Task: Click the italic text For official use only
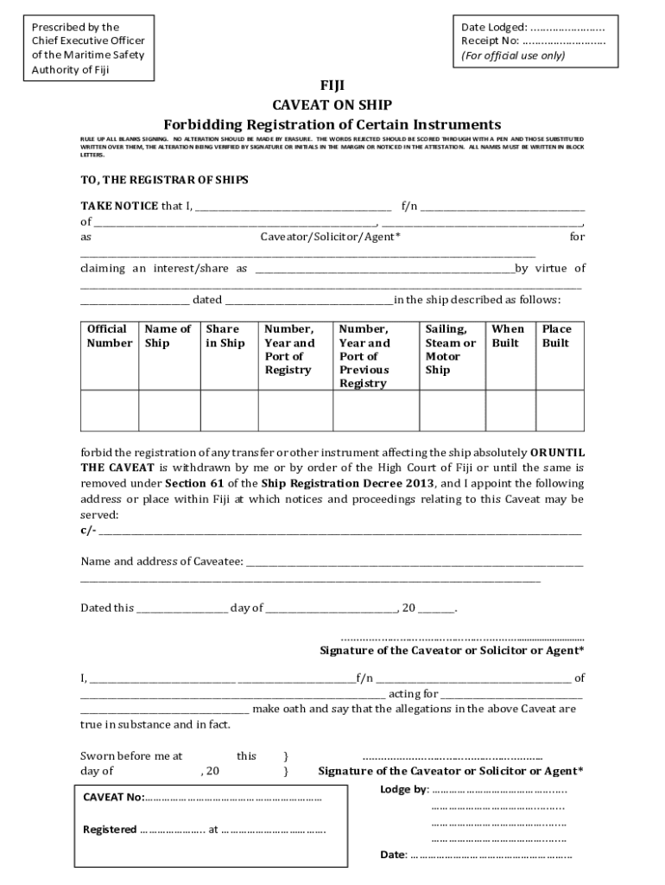[513, 55]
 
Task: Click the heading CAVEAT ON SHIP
[332, 105]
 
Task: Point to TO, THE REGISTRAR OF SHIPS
[164, 180]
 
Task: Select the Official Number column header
[110, 336]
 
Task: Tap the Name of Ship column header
[168, 336]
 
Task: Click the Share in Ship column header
[225, 336]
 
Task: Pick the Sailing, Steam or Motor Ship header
[450, 349]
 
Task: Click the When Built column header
[507, 336]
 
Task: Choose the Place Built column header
[557, 336]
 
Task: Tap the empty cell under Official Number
[110, 411]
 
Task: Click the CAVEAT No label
[114, 798]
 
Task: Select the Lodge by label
[403, 790]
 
